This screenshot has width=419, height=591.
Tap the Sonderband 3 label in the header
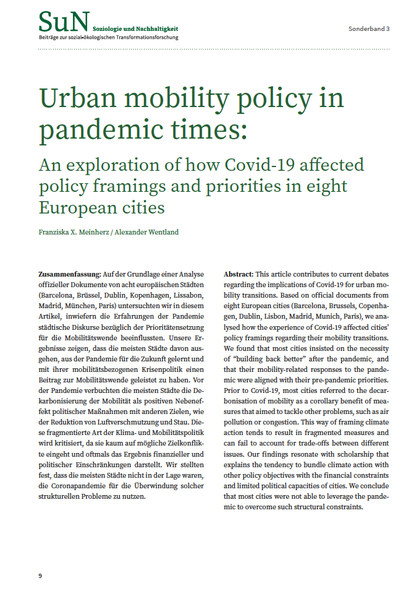click(369, 29)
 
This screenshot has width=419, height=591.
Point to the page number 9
click(40, 576)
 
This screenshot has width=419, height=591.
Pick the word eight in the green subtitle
click(325, 186)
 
